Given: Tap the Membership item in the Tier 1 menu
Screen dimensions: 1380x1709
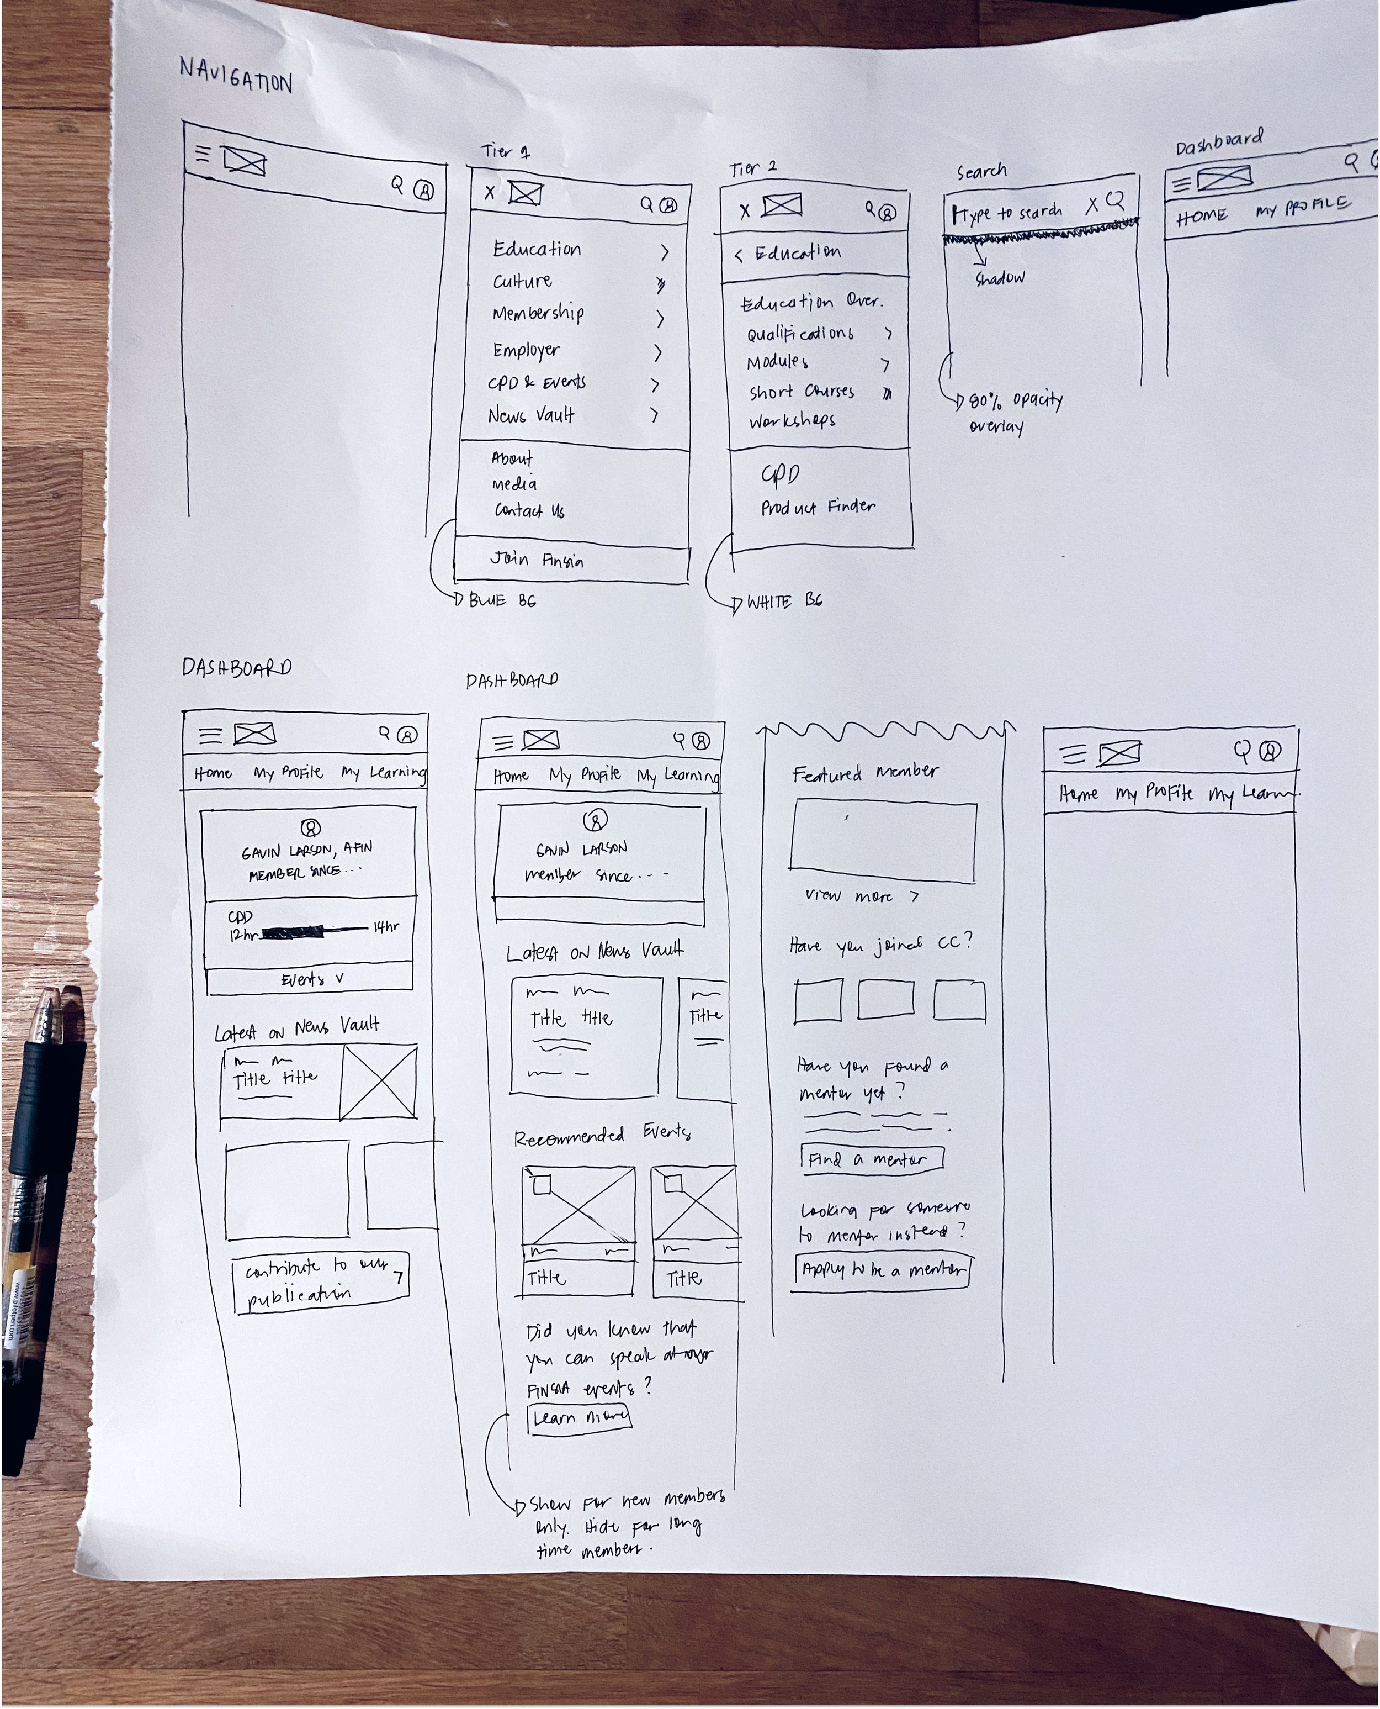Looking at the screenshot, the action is pos(538,313).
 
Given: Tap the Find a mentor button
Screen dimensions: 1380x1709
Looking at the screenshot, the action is pos(871,1159).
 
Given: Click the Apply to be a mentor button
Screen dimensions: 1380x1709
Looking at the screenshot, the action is pos(883,1269).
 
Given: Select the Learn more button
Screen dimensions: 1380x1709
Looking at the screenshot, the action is pos(580,1418).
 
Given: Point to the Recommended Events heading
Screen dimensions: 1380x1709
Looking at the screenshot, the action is pos(602,1136).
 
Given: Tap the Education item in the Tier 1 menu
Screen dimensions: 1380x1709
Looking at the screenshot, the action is pos(537,249).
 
